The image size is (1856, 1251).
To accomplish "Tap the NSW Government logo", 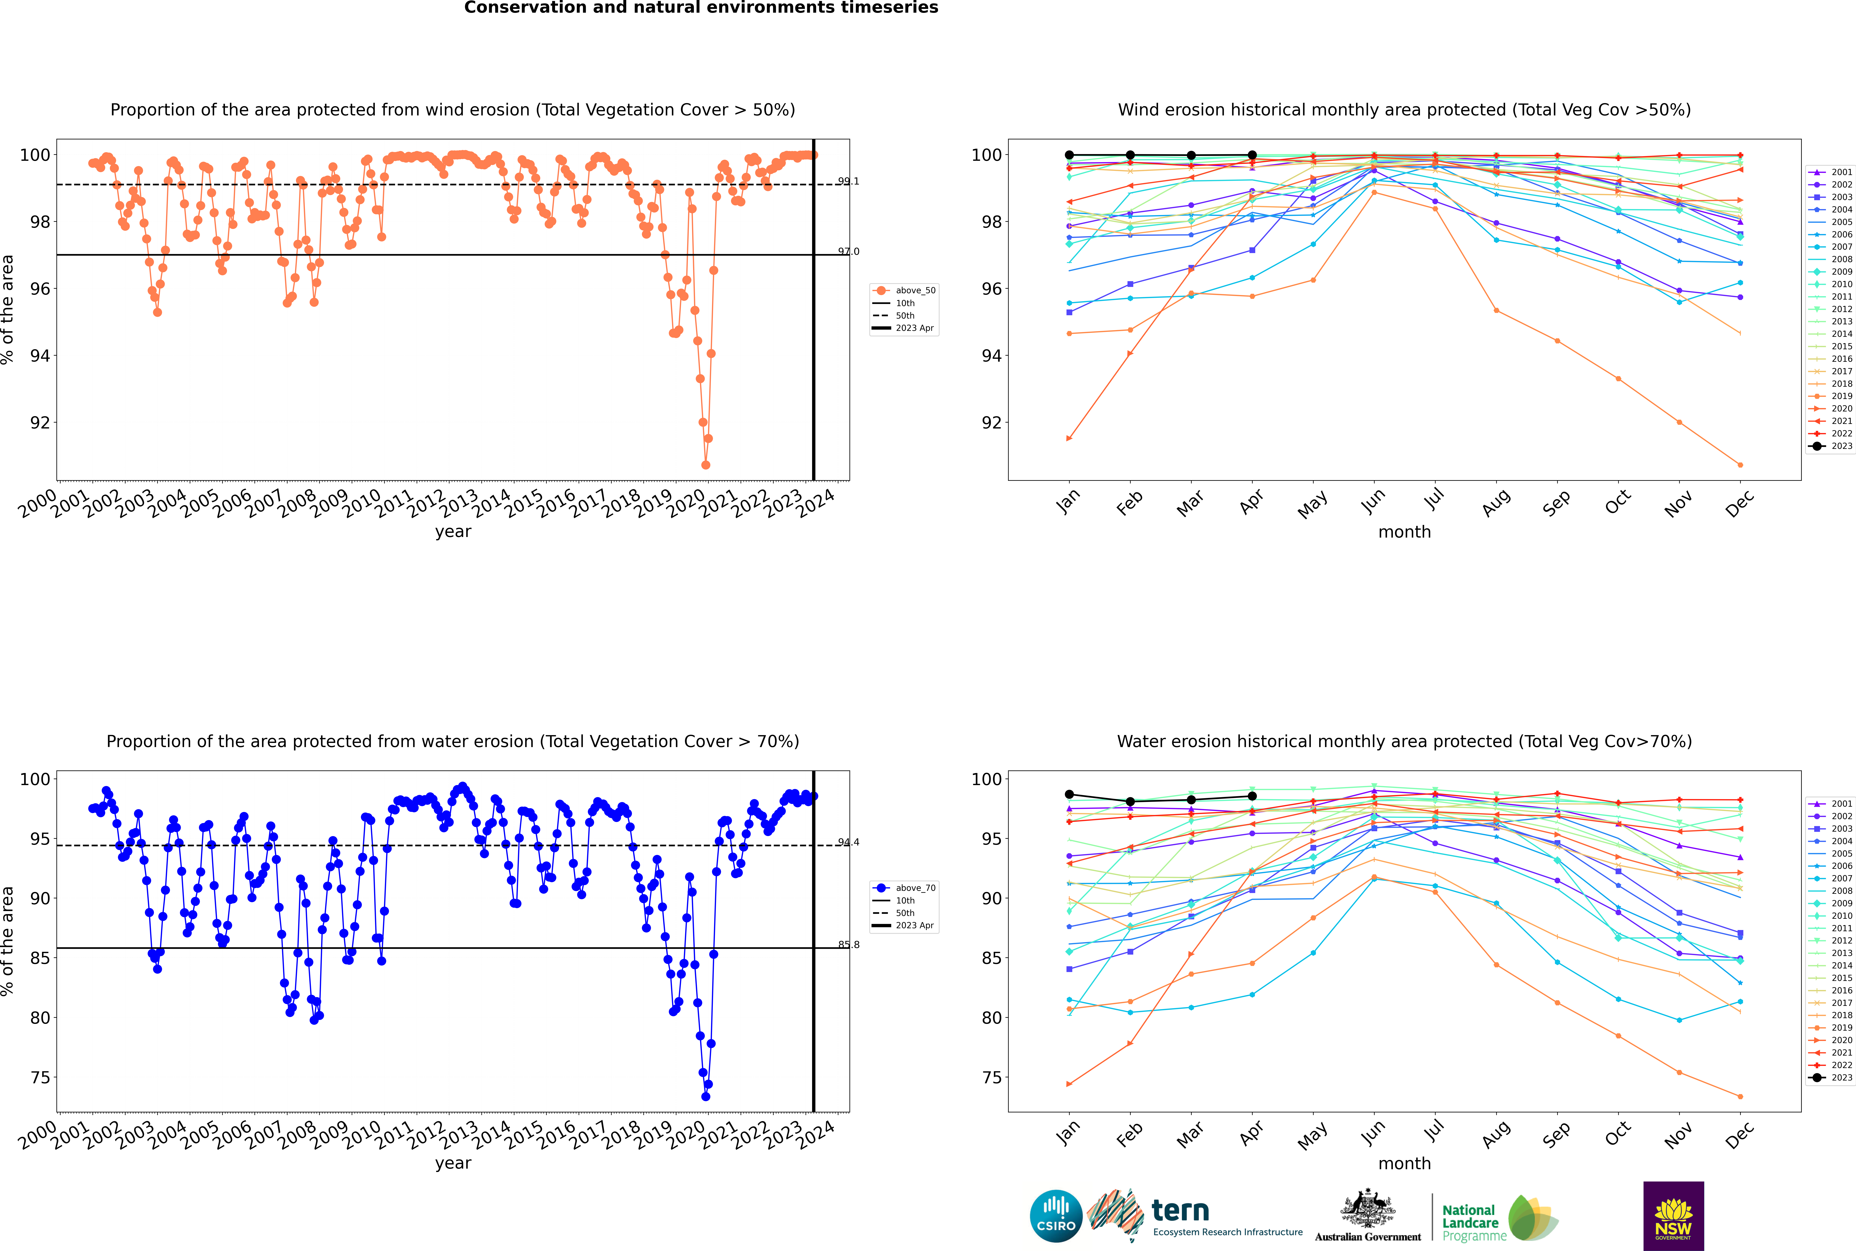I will [1673, 1215].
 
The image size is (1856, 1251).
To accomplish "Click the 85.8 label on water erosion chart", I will [848, 945].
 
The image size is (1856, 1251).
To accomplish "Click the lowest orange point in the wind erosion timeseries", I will [705, 465].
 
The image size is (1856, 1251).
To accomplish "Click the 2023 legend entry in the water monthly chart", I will [1842, 1078].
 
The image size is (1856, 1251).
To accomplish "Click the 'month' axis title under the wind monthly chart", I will [1404, 532].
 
